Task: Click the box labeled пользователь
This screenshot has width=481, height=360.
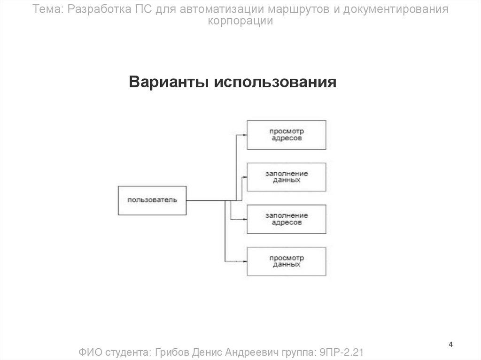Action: point(152,201)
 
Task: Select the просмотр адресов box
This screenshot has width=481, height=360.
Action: point(287,135)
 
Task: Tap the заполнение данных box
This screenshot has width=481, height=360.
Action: point(287,177)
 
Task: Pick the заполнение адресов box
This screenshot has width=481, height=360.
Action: point(287,219)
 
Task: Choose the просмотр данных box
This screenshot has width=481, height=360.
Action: point(287,261)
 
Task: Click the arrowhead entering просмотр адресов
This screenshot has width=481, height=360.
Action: point(245,135)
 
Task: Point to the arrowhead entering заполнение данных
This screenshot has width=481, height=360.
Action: point(245,177)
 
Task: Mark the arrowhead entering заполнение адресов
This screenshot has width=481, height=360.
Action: point(245,219)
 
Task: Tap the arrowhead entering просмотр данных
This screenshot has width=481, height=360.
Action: point(245,261)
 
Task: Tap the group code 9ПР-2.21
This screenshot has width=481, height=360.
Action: point(342,352)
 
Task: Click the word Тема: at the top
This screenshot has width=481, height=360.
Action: point(49,9)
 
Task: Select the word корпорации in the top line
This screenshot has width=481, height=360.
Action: point(240,21)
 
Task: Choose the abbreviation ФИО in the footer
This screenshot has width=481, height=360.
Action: point(89,352)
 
